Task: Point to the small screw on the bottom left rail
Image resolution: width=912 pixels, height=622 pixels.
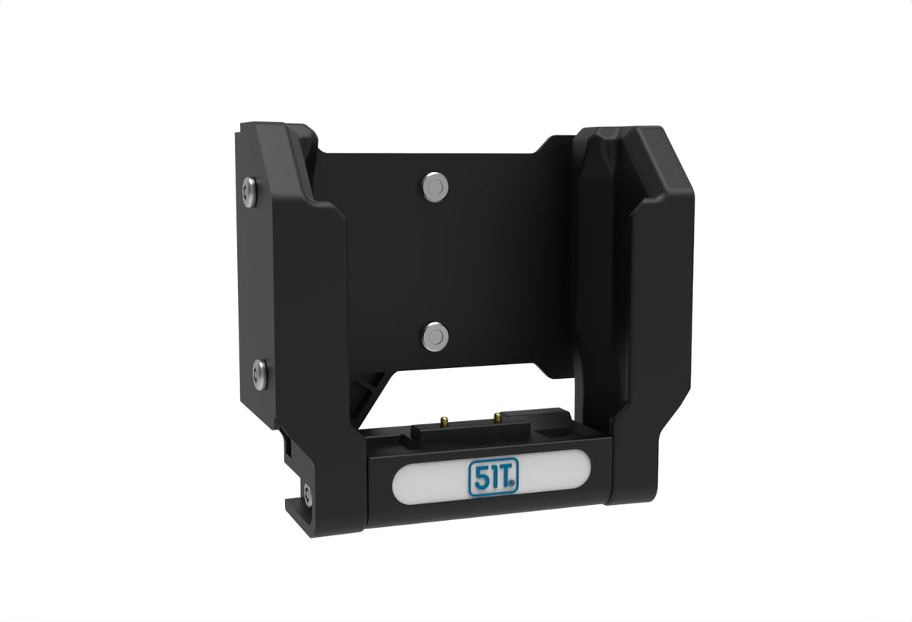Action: click(x=307, y=495)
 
